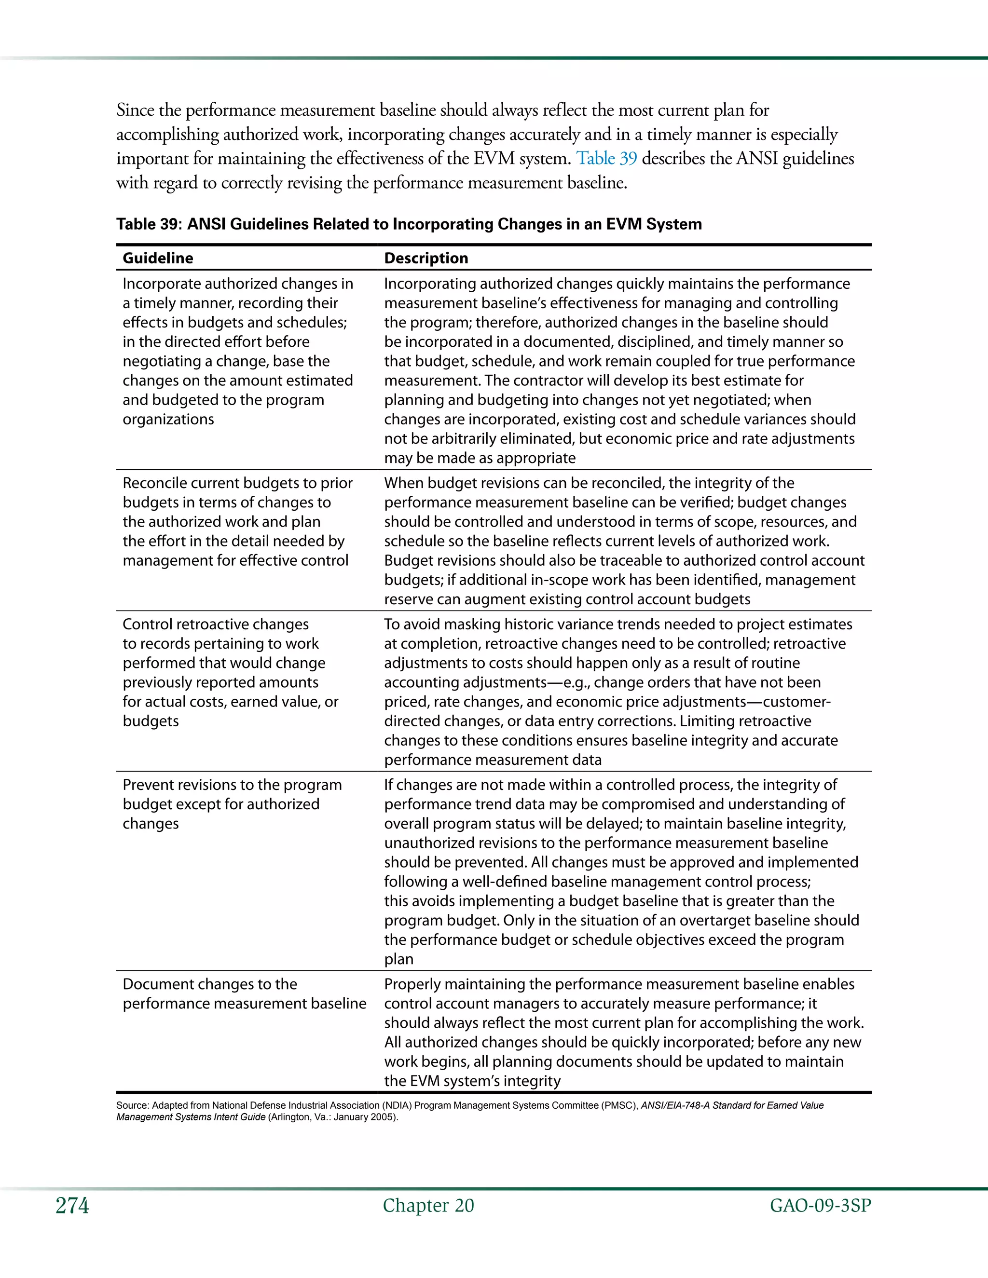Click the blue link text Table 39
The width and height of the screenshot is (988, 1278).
click(606, 159)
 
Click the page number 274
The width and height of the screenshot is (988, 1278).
click(72, 1206)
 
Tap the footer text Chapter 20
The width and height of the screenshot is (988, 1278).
click(428, 1206)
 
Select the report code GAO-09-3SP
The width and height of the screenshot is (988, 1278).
click(820, 1206)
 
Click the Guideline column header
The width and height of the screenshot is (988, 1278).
click(158, 258)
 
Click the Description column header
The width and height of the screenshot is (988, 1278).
click(425, 258)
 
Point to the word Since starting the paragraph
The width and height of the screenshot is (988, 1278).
click(135, 110)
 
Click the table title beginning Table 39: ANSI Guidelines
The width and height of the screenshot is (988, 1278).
click(409, 224)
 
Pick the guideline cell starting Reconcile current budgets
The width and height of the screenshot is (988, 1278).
click(237, 521)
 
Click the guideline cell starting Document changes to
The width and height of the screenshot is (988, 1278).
click(244, 993)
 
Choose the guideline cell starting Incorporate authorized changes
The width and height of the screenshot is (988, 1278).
click(237, 351)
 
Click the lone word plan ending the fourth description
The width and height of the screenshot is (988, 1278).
click(398, 959)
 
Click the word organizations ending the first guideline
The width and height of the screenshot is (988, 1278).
click(168, 420)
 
